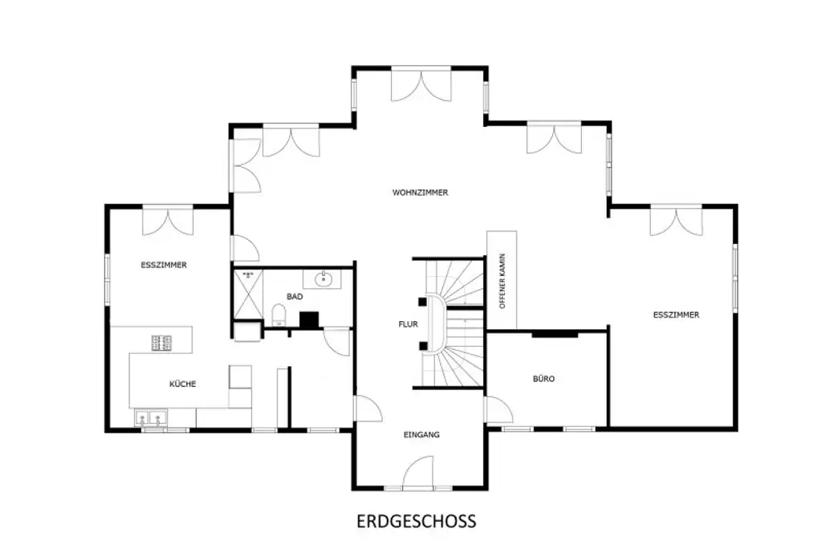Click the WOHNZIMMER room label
pos(420,193)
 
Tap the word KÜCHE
pos(182,384)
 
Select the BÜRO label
pos(543,378)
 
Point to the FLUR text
pos(408,325)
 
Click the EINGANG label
pos(421,434)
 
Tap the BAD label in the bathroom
pos(295,297)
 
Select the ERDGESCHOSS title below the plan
pos(416,521)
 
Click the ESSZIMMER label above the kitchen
pos(163,264)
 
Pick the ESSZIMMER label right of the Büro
pos(676,315)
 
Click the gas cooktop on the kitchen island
pos(161,343)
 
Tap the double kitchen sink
pos(151,418)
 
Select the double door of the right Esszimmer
pos(676,221)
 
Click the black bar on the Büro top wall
pos(554,333)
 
